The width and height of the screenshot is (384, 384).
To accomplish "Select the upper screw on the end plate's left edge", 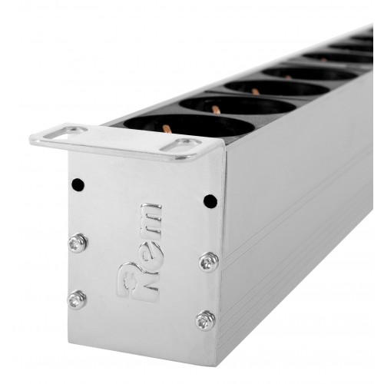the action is [x=78, y=243].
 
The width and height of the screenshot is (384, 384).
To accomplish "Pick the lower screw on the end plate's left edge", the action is [x=77, y=300].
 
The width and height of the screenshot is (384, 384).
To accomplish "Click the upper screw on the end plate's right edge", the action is [x=209, y=262].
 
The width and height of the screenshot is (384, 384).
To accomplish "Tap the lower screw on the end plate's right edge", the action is [x=205, y=321].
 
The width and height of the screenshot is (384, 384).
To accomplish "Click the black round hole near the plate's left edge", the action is [x=78, y=184].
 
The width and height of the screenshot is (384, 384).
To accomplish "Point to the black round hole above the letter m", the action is [x=210, y=201].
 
